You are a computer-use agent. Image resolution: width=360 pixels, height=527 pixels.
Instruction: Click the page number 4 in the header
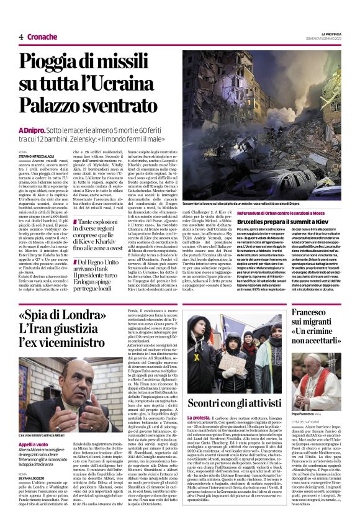[20, 37]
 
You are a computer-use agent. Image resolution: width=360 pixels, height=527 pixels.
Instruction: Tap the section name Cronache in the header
[42, 37]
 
